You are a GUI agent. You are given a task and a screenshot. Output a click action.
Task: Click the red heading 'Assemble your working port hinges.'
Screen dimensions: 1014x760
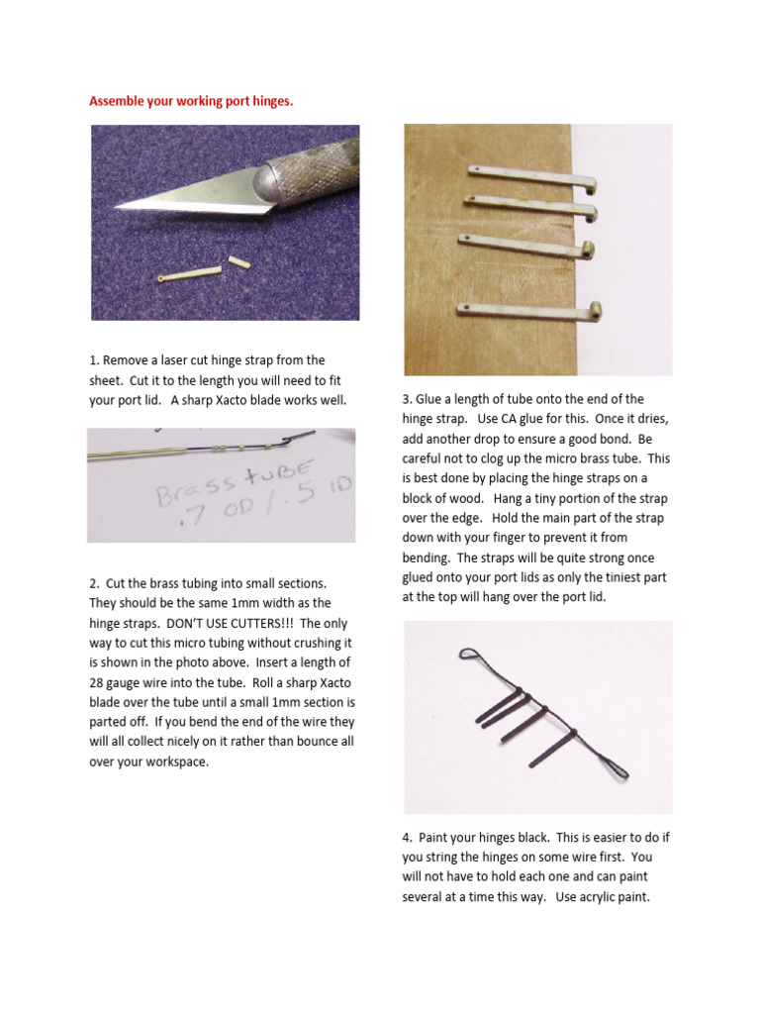(191, 100)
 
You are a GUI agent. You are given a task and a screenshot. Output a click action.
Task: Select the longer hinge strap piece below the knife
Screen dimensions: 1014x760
(189, 274)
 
